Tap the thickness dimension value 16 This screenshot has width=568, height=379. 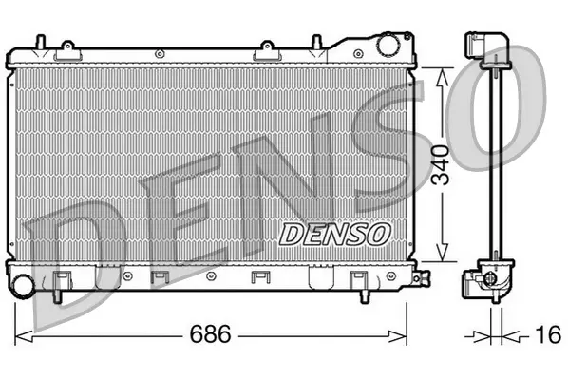542,335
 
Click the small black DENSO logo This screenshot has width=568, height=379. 333,231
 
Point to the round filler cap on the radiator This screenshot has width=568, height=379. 387,44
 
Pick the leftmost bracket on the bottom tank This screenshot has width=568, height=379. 62,279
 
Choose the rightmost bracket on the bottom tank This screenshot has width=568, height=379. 358,280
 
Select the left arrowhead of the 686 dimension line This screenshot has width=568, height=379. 24,335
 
